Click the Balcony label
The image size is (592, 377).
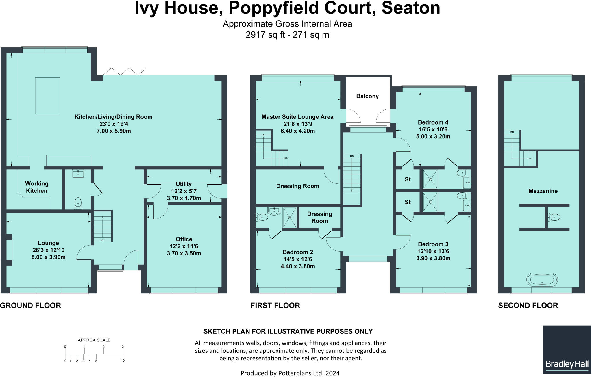tap(367, 96)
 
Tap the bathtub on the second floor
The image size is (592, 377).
tap(542, 280)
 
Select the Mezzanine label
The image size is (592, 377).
tap(543, 191)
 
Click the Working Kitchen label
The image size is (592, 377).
tap(36, 187)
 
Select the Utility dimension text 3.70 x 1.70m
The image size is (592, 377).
tap(184, 198)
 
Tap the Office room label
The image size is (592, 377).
tap(184, 239)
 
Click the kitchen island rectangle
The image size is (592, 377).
tap(47, 96)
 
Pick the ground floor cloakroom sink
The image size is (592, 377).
tap(78, 173)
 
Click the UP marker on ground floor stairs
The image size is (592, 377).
tap(102, 240)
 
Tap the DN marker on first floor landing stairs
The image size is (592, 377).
tap(352, 156)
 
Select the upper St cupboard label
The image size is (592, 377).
tap(408, 179)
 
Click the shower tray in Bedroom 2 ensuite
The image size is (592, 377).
tap(290, 217)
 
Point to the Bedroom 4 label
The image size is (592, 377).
tap(433, 122)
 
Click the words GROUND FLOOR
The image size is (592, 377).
tap(30, 305)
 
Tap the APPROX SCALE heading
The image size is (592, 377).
tap(94, 340)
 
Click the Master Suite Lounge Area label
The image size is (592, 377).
tap(297, 117)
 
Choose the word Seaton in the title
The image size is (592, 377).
tap(411, 8)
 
